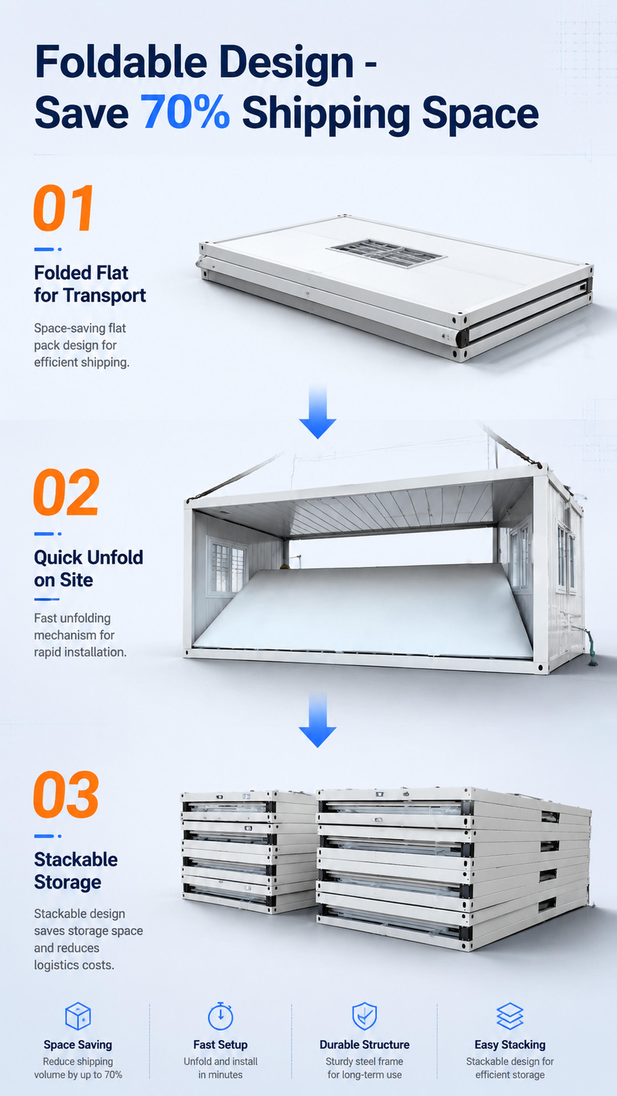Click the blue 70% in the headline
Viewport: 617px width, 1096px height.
pyautogui.click(x=185, y=112)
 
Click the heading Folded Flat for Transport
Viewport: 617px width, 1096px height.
pyautogui.click(x=90, y=284)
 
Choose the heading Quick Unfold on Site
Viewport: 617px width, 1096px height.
pyautogui.click(x=89, y=569)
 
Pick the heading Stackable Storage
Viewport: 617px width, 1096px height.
pyautogui.click(x=76, y=871)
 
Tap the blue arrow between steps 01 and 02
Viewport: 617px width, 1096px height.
pyautogui.click(x=318, y=411)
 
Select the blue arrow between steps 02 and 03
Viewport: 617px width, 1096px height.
pyautogui.click(x=318, y=719)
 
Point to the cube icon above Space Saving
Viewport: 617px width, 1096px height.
pyautogui.click(x=78, y=1016)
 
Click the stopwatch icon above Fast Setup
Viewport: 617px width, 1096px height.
pyautogui.click(x=221, y=1016)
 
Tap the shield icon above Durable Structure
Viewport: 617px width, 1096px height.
pyautogui.click(x=364, y=1016)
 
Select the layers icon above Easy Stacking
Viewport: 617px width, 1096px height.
pyautogui.click(x=510, y=1016)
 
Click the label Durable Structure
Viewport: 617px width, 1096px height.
pyautogui.click(x=364, y=1045)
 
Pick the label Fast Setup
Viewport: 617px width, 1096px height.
pyautogui.click(x=221, y=1045)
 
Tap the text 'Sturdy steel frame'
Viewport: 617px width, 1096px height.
pyautogui.click(x=364, y=1061)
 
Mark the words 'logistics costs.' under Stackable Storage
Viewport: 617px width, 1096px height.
pyautogui.click(x=74, y=965)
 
